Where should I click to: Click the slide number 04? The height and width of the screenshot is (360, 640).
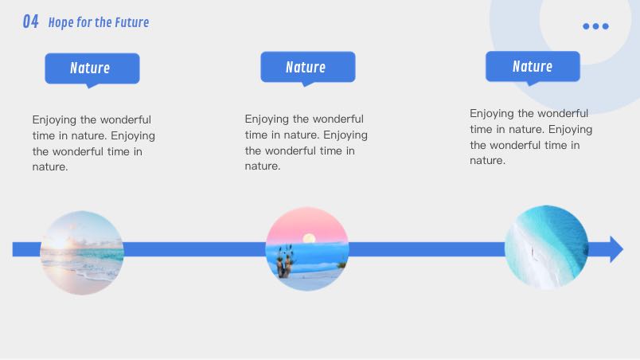tap(30, 22)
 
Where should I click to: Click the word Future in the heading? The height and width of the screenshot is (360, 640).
tap(132, 22)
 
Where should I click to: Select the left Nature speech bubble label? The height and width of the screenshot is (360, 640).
tap(92, 68)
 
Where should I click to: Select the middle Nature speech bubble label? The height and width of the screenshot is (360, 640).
tap(308, 67)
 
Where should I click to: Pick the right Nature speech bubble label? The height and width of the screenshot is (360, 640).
tap(533, 66)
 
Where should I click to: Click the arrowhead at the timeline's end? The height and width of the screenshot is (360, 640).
tap(616, 249)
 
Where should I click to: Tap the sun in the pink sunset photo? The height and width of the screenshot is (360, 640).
tap(309, 238)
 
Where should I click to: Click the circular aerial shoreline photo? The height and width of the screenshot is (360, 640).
tap(546, 247)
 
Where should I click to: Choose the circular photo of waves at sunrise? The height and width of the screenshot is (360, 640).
tap(82, 252)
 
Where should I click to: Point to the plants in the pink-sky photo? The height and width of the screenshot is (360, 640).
tap(285, 263)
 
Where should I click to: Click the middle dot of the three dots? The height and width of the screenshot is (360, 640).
tap(596, 26)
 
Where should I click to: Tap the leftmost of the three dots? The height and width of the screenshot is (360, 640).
tap(586, 26)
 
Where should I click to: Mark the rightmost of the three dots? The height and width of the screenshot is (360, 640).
tap(606, 26)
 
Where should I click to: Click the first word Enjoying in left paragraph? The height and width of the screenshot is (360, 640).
tap(54, 120)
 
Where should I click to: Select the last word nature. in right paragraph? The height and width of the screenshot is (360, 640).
tap(487, 161)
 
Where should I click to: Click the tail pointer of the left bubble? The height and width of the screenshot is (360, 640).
tap(92, 86)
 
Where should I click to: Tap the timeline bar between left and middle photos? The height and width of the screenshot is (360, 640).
tap(195, 249)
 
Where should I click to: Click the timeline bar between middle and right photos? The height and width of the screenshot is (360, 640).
tap(427, 249)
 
